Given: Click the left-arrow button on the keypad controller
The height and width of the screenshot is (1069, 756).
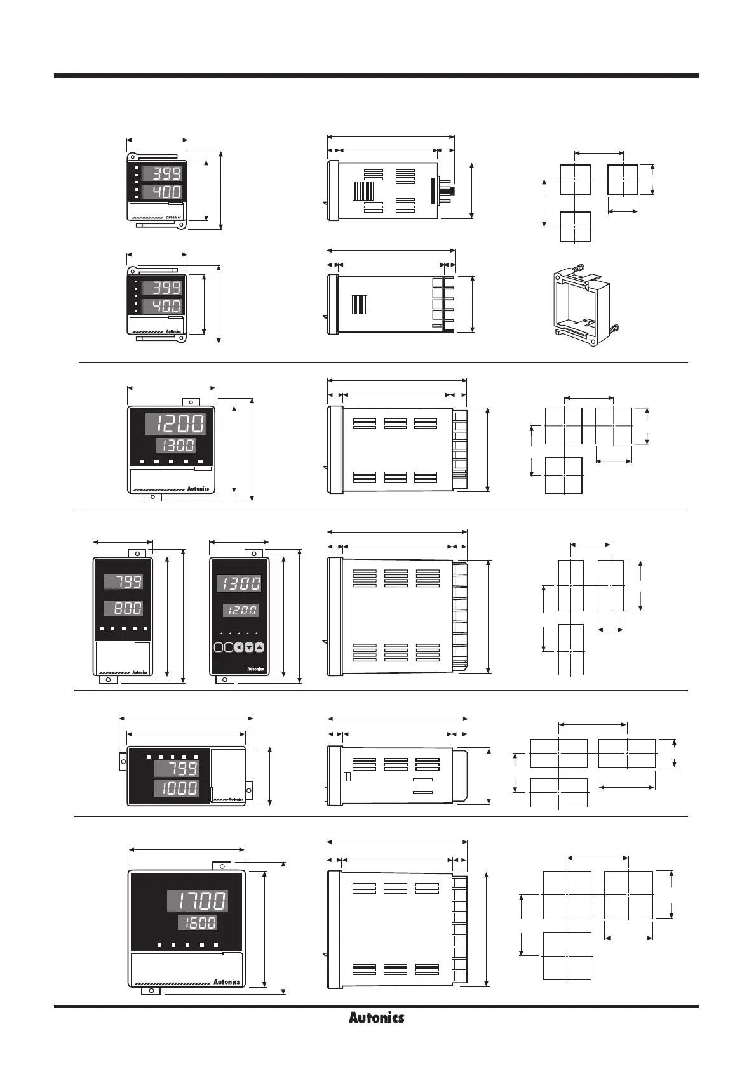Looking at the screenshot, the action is pos(239,647).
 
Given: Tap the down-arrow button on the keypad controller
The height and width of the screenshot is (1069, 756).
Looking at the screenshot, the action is pos(249,647).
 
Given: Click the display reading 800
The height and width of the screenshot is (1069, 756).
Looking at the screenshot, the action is pos(124,608).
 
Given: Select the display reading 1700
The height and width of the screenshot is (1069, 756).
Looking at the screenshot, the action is pos(198,900).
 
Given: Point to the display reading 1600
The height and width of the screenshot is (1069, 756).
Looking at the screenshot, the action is pos(198,923).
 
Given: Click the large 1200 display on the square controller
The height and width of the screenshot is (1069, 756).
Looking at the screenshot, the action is pos(175,423).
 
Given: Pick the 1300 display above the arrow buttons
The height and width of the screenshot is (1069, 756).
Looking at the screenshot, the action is pos(239,583).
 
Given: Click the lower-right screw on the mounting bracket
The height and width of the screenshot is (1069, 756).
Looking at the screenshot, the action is pos(614,329).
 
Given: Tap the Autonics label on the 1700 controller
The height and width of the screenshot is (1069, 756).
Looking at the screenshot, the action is pos(226,981).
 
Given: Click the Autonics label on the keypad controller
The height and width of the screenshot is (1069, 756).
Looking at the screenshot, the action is pos(255,669).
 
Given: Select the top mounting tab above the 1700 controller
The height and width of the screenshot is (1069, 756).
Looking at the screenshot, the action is pos(221,866).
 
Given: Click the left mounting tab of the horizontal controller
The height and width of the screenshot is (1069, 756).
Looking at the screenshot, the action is pos(123,761).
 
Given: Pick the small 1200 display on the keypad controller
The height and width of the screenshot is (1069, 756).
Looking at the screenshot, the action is pos(240,610).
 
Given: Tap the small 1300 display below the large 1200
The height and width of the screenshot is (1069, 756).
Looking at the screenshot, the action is pos(176,444).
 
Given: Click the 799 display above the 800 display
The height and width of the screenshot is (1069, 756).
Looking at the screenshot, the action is pos(124,581).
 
